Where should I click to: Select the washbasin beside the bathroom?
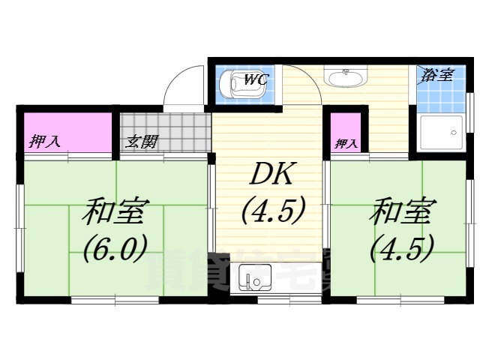(x=345, y=78)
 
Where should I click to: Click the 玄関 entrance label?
(x=141, y=140)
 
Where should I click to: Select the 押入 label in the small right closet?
(x=346, y=142)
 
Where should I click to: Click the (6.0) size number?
(x=114, y=247)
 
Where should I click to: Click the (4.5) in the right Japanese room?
(x=401, y=247)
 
